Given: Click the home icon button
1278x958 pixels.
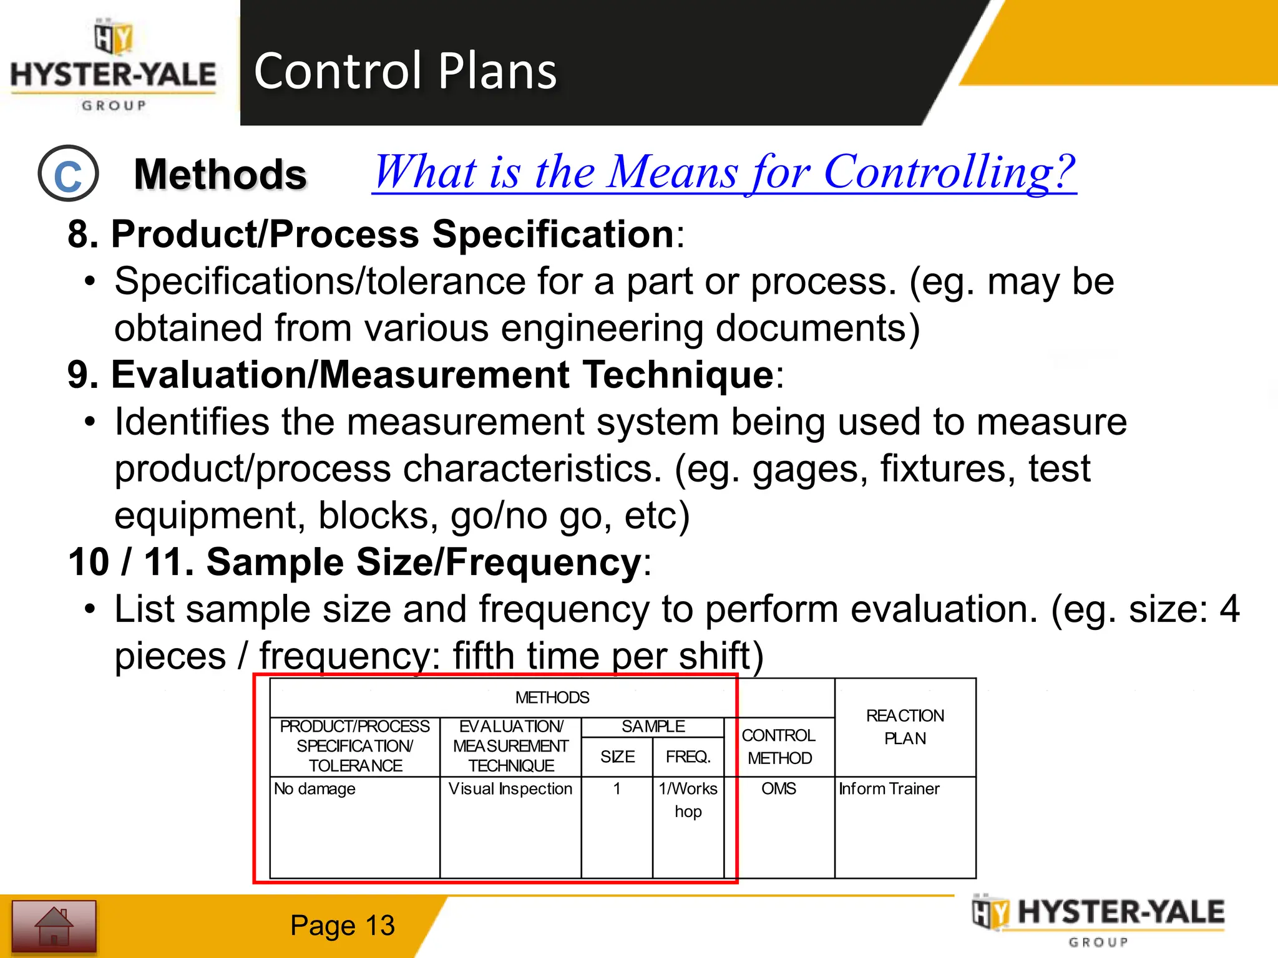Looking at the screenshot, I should tap(54, 926).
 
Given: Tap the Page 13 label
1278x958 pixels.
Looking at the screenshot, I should tap(342, 926).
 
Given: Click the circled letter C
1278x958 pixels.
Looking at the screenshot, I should tap(68, 174).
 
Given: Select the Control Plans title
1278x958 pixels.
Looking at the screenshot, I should tap(405, 70).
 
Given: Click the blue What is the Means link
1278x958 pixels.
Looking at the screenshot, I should tap(724, 172).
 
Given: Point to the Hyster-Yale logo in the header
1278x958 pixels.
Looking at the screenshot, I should tap(114, 65).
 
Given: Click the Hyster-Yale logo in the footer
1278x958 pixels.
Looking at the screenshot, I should tap(1098, 920).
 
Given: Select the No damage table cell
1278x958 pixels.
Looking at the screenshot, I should tap(315, 789).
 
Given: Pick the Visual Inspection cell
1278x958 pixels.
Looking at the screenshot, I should tap(510, 789).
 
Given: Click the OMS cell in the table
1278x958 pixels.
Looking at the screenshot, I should tap(778, 789).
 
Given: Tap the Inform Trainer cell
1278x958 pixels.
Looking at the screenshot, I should tap(889, 789).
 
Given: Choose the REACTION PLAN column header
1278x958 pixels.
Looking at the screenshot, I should tap(905, 727).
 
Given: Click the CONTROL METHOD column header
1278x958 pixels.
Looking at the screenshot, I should tap(779, 747).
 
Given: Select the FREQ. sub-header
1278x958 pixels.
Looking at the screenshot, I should tap(688, 757).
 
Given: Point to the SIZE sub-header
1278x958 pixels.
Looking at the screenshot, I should tap(617, 757).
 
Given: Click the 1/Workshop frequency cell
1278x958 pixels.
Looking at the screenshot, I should tap(688, 800).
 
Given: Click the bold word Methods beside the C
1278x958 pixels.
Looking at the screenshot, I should tap(220, 174).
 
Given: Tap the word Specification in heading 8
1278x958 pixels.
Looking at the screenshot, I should tap(553, 235).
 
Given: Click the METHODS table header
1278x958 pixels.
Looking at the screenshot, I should tap(552, 697).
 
